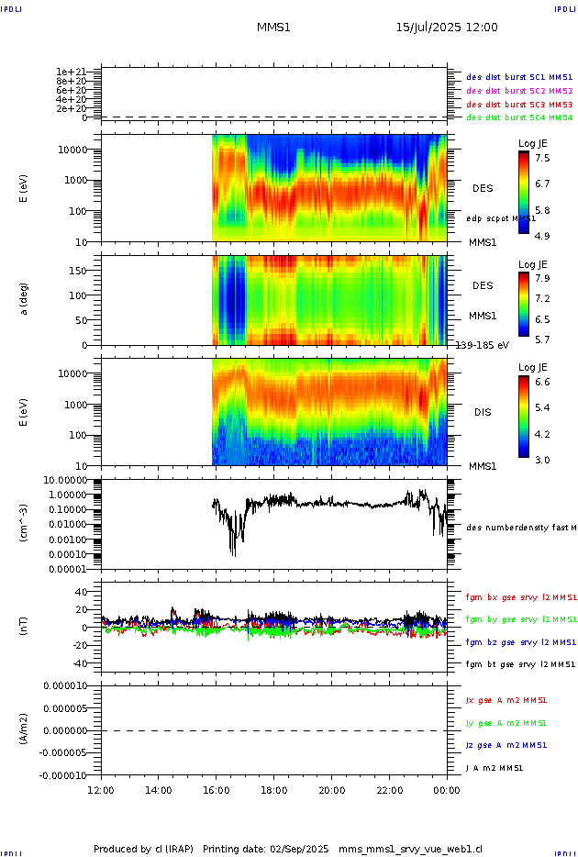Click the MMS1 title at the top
point(273,28)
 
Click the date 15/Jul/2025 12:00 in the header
point(447,28)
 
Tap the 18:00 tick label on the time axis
point(274,790)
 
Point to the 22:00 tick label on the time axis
point(390,790)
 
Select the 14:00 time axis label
point(159,790)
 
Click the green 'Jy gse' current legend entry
point(506,723)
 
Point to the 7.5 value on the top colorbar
point(542,157)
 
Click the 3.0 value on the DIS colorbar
point(542,460)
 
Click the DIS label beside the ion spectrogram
point(482,412)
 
